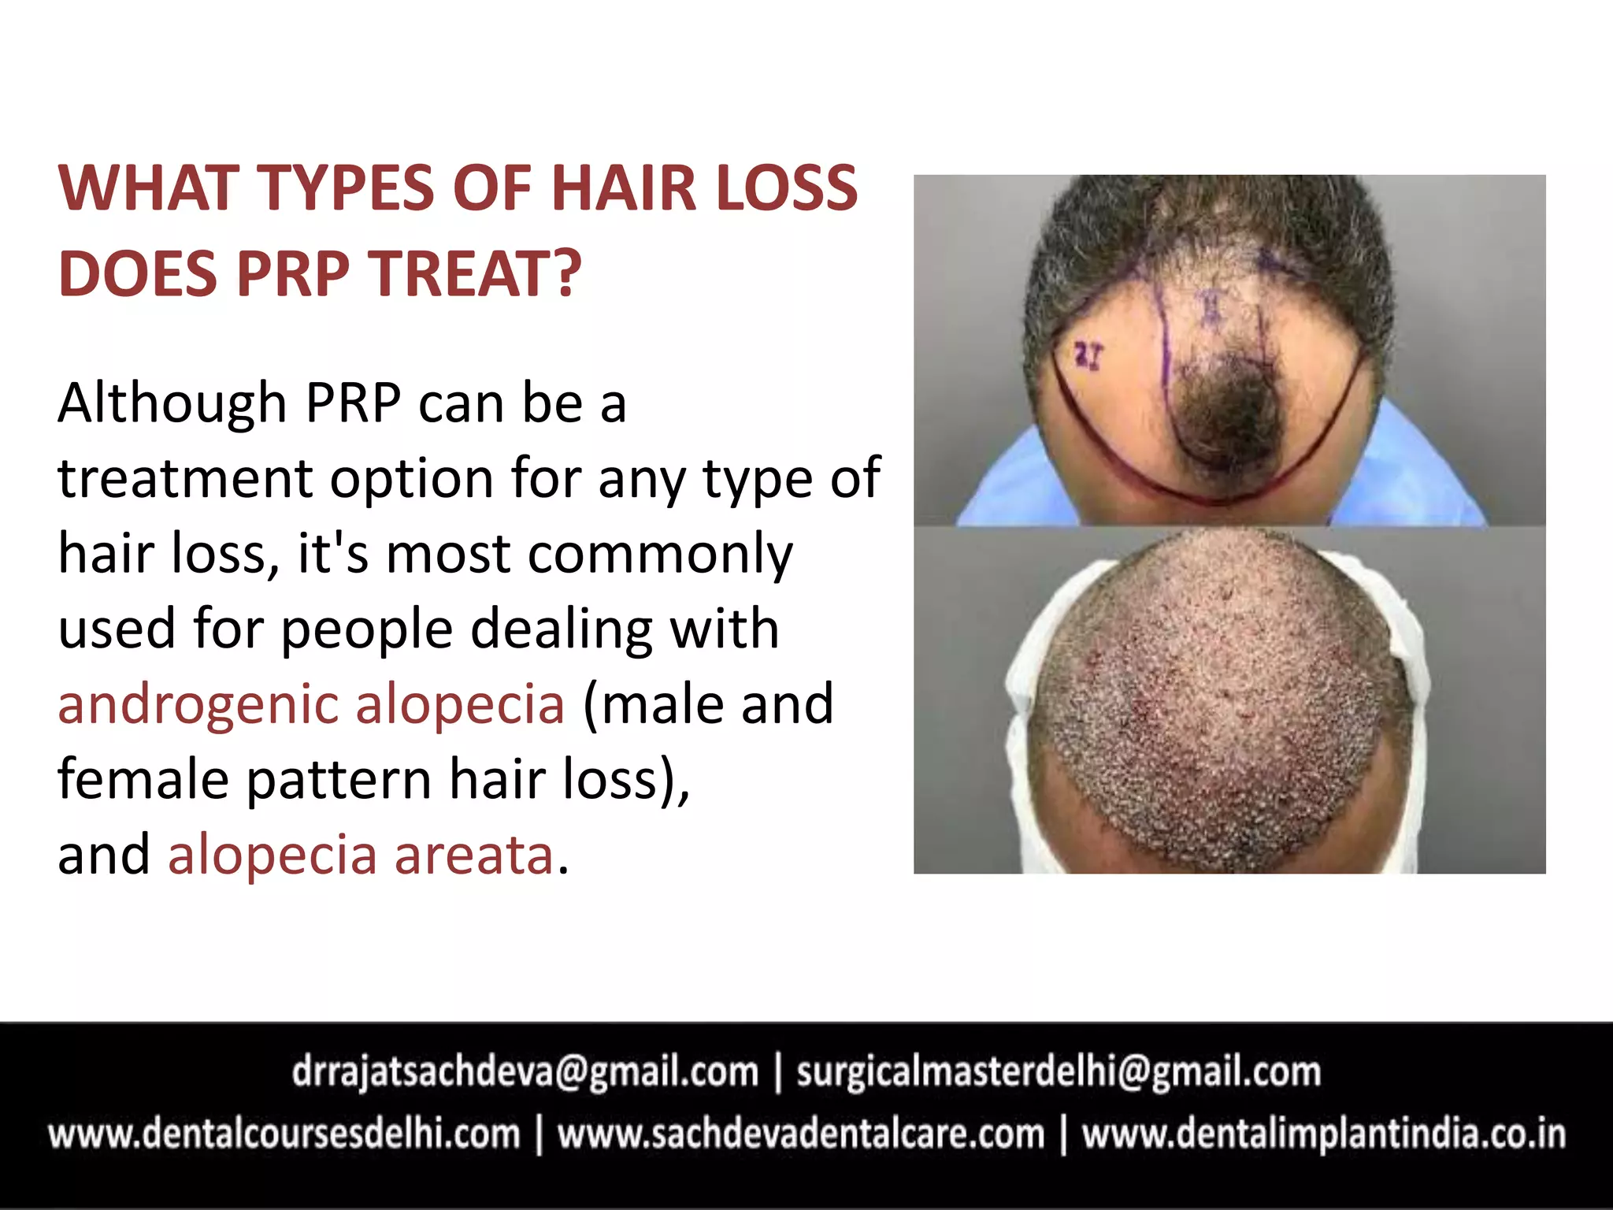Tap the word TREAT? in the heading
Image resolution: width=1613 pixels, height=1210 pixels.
coord(477,274)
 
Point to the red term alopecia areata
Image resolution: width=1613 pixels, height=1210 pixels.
coord(361,855)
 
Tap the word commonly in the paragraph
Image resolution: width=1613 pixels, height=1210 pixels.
coord(660,555)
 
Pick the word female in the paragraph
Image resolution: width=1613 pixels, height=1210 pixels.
coord(143,779)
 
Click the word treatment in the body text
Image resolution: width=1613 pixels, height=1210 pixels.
coord(185,479)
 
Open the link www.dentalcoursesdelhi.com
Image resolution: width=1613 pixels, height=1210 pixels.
coord(284,1134)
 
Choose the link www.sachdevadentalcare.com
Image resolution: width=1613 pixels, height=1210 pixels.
coord(801,1134)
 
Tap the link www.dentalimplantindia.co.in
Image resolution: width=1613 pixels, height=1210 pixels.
coord(1323,1134)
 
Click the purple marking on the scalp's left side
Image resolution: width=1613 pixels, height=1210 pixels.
coord(1089,356)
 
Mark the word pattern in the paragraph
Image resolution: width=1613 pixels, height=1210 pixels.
coord(339,779)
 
